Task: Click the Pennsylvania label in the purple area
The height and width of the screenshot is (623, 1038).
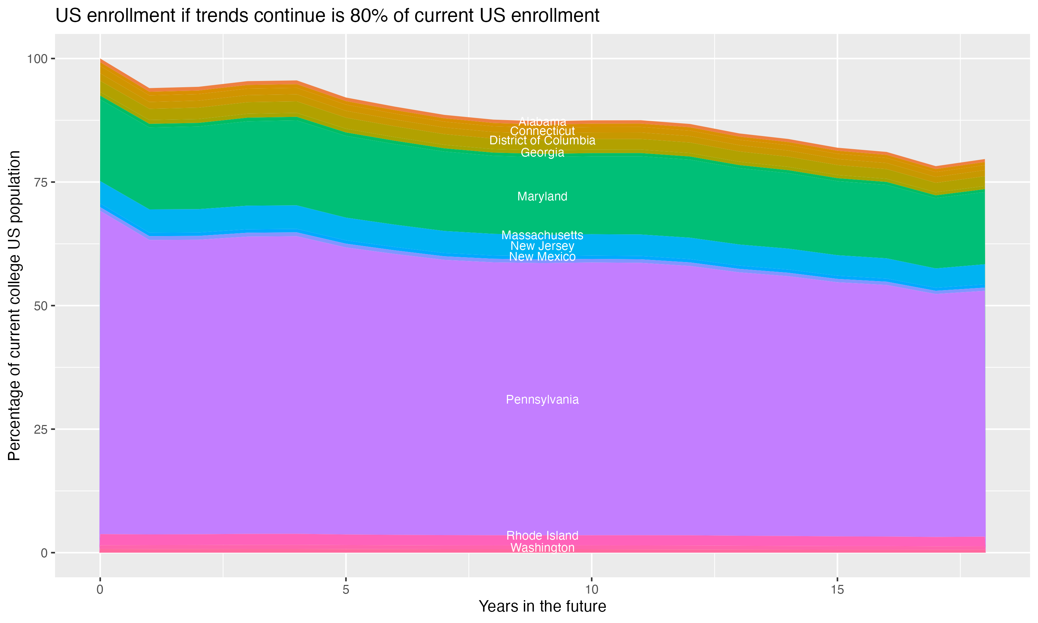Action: (x=542, y=400)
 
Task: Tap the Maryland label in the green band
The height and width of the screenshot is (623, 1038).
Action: (x=542, y=197)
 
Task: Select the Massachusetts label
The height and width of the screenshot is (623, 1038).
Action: (x=542, y=235)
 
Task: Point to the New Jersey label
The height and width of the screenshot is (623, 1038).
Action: (x=542, y=246)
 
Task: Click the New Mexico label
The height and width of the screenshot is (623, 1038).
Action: (x=542, y=256)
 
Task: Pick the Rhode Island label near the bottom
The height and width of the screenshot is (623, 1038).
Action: (x=542, y=536)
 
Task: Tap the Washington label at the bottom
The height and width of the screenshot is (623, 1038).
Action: (x=542, y=548)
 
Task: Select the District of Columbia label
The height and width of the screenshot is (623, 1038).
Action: (x=542, y=141)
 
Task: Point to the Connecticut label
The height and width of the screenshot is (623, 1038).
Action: (x=542, y=131)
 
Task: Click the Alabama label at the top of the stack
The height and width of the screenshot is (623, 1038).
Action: (x=542, y=122)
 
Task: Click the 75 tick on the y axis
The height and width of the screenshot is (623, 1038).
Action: (x=40, y=182)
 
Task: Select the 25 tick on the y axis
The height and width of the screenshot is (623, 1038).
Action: (x=40, y=430)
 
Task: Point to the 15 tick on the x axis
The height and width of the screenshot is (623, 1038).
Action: (x=837, y=590)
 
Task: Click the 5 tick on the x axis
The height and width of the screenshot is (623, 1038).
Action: (x=346, y=590)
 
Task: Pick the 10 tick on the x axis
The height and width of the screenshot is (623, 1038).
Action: (x=591, y=590)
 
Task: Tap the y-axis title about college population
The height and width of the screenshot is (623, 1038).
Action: (x=14, y=306)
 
